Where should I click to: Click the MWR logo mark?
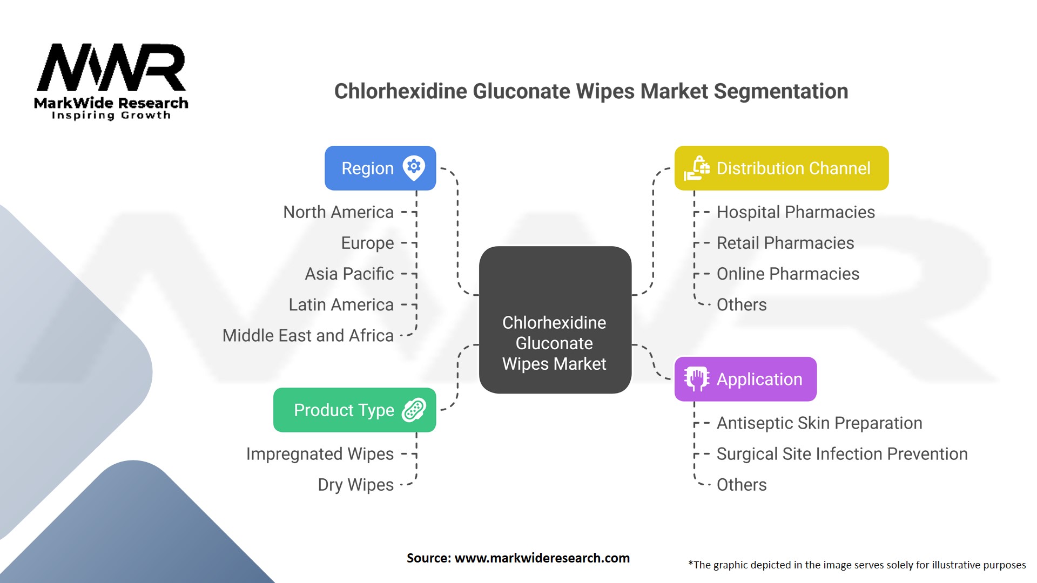coord(111,67)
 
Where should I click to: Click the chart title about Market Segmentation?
coord(591,91)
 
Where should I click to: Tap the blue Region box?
coord(380,168)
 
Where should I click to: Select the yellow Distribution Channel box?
coord(781,168)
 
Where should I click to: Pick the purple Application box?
coord(745,379)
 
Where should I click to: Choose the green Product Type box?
coord(354,410)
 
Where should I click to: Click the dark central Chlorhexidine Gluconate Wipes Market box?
coord(555,320)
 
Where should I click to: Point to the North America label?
coord(338,212)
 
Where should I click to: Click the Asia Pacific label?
coord(349,274)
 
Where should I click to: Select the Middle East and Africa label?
coord(308,335)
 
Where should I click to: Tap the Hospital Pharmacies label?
coord(795,212)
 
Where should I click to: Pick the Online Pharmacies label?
coord(787,274)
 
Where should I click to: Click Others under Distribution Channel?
coord(741,304)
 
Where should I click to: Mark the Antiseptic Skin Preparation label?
coord(819,423)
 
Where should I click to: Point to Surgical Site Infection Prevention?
coord(841,454)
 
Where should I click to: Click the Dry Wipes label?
coord(355,485)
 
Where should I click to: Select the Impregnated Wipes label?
coord(320,454)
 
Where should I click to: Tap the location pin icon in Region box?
coord(414,167)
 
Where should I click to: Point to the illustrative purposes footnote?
coord(857,565)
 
